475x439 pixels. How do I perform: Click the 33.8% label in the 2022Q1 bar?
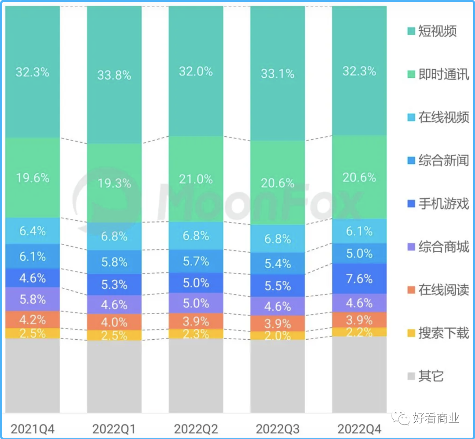point(114,75)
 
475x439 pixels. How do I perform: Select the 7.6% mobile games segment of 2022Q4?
point(359,279)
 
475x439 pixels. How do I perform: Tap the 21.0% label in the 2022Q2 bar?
point(196,179)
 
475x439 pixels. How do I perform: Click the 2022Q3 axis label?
point(277,428)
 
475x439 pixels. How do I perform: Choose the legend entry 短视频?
point(437,31)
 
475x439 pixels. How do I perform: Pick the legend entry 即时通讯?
point(443,74)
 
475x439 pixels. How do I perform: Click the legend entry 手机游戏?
point(443,204)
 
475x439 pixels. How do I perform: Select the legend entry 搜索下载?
point(443,333)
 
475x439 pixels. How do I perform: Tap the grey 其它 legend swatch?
point(411,377)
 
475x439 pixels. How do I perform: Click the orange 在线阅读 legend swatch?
point(411,290)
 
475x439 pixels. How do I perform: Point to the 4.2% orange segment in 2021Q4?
point(33,319)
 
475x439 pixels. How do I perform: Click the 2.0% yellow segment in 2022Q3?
point(278,336)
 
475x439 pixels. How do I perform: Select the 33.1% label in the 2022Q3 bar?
point(278,73)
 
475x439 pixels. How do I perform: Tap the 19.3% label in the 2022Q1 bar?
point(114,183)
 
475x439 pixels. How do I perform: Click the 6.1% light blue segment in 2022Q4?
point(359,231)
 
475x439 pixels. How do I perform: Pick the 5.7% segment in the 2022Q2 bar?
point(196,261)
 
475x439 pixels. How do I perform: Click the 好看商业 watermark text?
point(436,418)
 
